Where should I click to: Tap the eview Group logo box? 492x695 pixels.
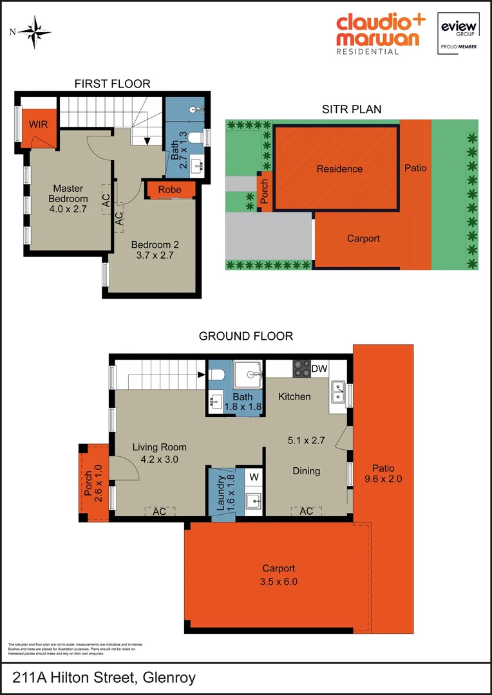[x=458, y=33]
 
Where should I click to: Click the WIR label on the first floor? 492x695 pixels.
[x=38, y=124]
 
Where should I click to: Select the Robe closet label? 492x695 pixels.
[x=169, y=189]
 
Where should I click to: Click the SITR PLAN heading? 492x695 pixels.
[x=352, y=109]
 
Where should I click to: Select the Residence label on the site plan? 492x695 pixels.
[x=339, y=169]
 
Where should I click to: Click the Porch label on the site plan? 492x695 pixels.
[x=264, y=191]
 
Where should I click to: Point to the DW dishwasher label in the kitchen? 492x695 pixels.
[x=319, y=369]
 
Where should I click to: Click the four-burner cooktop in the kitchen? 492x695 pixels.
[x=301, y=369]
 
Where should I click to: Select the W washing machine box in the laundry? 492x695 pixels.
[x=253, y=477]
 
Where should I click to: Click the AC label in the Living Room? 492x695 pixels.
[x=159, y=511]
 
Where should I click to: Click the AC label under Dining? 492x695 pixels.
[x=306, y=511]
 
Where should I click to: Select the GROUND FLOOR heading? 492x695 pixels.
[x=245, y=336]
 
